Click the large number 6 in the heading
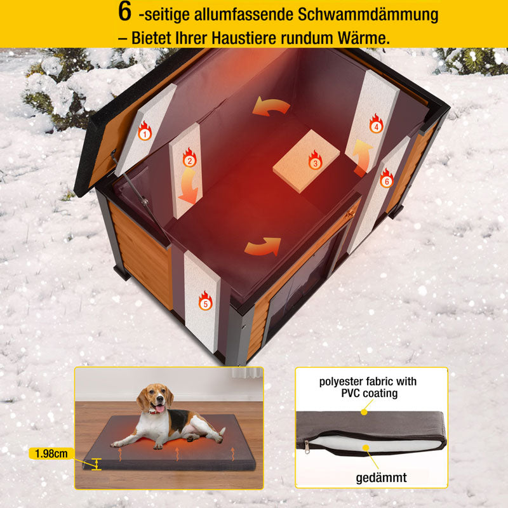124,12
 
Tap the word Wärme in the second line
364,37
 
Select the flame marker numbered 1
145,131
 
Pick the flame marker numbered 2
189,157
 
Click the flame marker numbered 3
315,160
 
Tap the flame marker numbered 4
376,124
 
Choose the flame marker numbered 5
204,301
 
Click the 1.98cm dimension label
51,453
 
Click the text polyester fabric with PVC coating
368,387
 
